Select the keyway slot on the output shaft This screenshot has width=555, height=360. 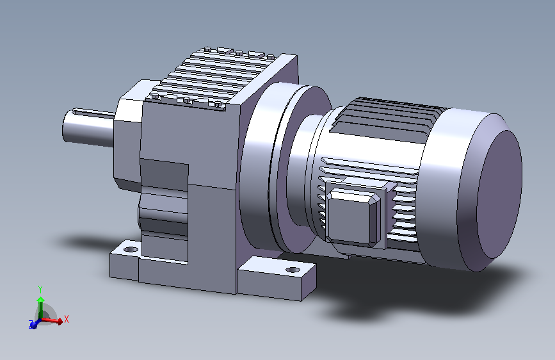(x=94, y=112)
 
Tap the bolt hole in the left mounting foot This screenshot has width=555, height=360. (x=131, y=249)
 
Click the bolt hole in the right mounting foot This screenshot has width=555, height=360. (x=293, y=270)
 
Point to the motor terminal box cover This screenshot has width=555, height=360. (x=353, y=215)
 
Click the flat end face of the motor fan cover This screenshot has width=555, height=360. (x=499, y=194)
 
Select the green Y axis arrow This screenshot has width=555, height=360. (x=41, y=307)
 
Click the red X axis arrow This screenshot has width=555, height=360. (x=52, y=320)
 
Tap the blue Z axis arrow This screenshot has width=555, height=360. (x=35, y=323)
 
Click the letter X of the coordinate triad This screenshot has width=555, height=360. (x=67, y=319)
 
